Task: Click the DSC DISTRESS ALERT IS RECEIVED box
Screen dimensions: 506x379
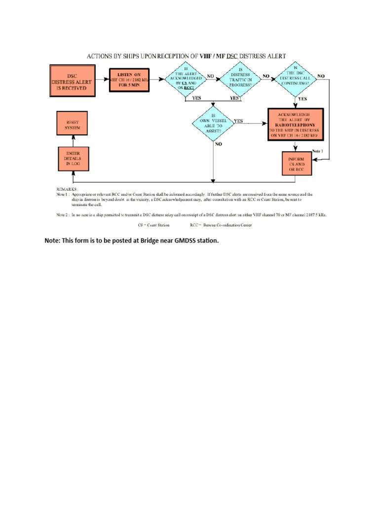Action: pos(74,82)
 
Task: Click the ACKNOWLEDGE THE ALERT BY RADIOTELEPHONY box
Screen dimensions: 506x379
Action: pos(295,124)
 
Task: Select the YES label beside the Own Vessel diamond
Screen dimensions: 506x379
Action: pos(238,121)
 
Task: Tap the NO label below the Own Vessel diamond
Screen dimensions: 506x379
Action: pos(218,144)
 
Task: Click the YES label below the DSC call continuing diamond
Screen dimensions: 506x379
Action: pos(302,98)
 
